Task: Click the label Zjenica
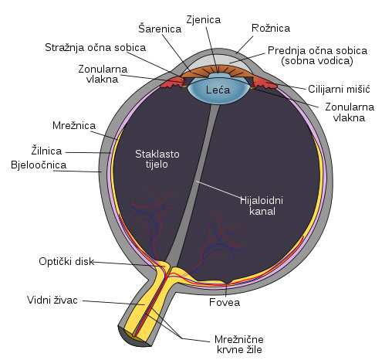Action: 204,20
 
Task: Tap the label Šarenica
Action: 160,29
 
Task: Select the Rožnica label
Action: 271,28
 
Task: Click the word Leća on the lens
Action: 218,90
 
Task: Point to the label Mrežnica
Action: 74,125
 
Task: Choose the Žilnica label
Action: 46,151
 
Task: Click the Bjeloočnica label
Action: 39,165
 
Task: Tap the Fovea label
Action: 225,302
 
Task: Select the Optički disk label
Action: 66,261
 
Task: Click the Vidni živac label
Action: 52,300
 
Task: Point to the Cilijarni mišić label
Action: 339,89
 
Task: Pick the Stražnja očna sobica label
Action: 95,48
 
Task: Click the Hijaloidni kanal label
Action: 262,205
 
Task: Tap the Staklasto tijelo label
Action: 157,159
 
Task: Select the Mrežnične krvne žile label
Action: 239,345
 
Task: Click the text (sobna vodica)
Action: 317,61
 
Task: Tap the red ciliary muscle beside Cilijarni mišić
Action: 265,83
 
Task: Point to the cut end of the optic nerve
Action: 133,336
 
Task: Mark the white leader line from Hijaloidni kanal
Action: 219,190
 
